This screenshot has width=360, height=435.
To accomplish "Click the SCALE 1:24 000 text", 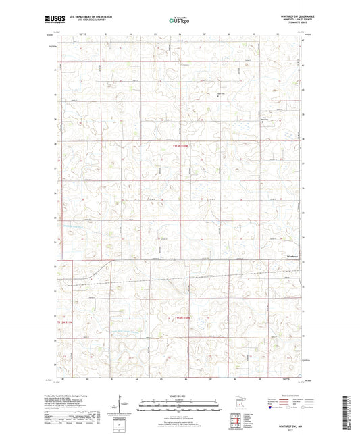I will (180, 396).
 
